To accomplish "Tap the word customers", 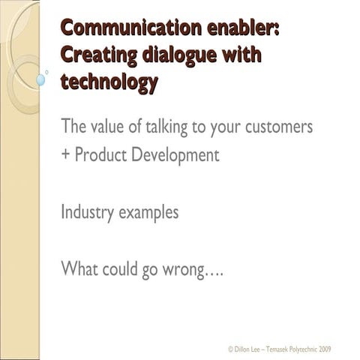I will click(277, 127).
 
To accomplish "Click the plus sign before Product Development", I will click(64, 156).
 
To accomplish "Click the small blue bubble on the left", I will click(40, 77).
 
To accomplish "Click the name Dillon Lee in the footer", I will click(246, 350).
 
